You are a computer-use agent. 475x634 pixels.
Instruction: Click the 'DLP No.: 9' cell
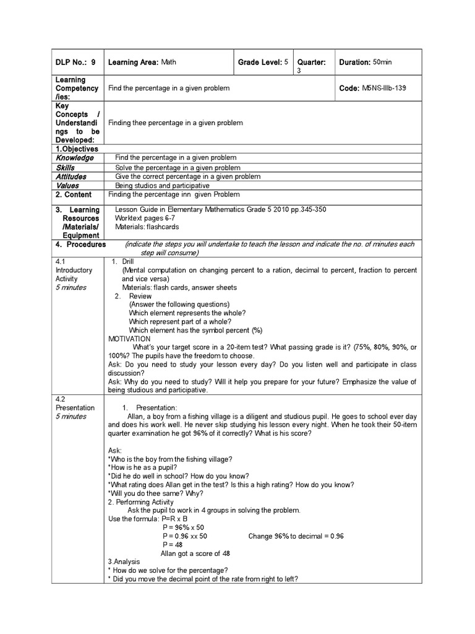pyautogui.click(x=75, y=63)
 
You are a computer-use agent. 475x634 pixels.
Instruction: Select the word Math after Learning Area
pyautogui.click(x=169, y=63)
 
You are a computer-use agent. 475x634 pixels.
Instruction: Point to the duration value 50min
pyautogui.click(x=382, y=63)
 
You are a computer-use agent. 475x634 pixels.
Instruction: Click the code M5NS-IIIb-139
pyautogui.click(x=384, y=89)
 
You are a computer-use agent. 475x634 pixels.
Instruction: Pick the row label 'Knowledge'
pyautogui.click(x=75, y=158)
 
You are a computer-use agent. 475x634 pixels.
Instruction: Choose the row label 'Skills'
pyautogui.click(x=65, y=168)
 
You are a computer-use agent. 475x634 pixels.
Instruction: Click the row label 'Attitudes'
pyautogui.click(x=71, y=176)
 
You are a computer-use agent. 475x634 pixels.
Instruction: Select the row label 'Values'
pyautogui.click(x=67, y=186)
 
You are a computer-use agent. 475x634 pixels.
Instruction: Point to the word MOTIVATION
pyautogui.click(x=129, y=339)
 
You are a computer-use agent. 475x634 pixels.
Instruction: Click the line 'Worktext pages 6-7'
pyautogui.click(x=144, y=219)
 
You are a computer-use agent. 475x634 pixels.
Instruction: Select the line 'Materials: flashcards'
pyautogui.click(x=147, y=227)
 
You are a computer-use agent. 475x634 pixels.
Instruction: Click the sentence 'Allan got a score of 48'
pyautogui.click(x=195, y=554)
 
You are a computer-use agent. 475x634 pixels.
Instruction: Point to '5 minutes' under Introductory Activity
pyautogui.click(x=71, y=287)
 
